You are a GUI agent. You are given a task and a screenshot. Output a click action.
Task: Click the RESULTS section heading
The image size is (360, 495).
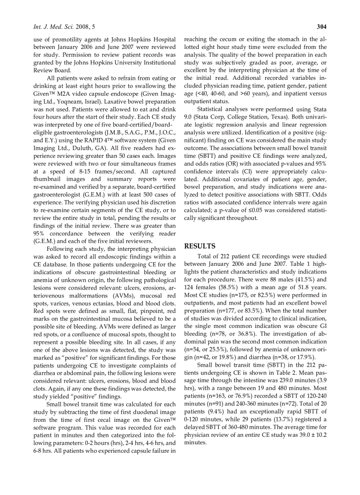tap(199, 246)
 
